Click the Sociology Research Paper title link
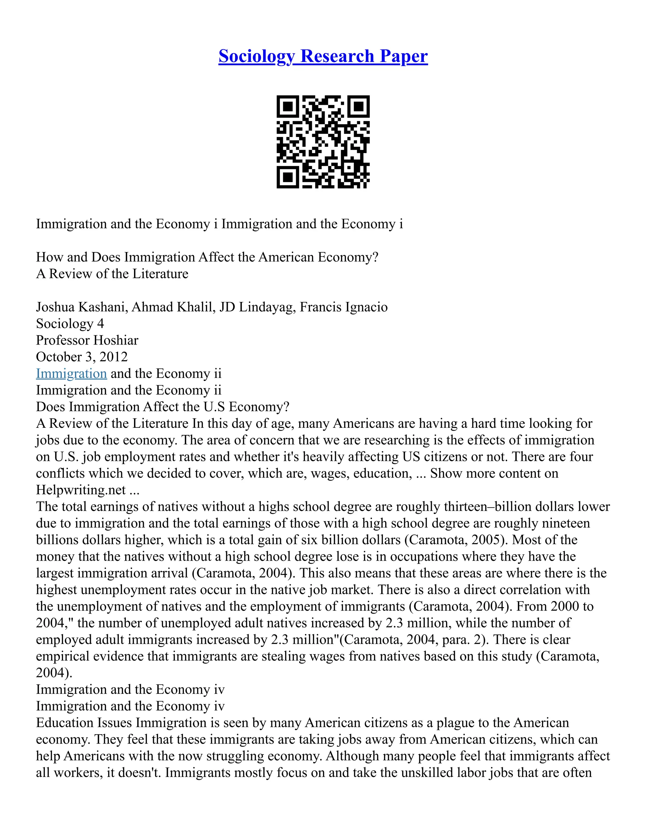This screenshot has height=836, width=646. coord(323,56)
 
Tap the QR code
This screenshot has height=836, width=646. coord(323,142)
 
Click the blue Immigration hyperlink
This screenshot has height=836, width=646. coord(71,373)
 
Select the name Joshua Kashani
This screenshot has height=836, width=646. coord(81,307)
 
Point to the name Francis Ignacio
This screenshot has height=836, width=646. coord(343,307)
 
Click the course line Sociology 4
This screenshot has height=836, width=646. coord(70,324)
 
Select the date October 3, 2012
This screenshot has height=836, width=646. coord(81,357)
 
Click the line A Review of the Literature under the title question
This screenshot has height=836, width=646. coord(112,274)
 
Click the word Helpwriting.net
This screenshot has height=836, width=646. coord(81,490)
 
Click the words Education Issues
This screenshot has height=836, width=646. coord(84,723)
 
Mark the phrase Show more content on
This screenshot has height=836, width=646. coord(494,474)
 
